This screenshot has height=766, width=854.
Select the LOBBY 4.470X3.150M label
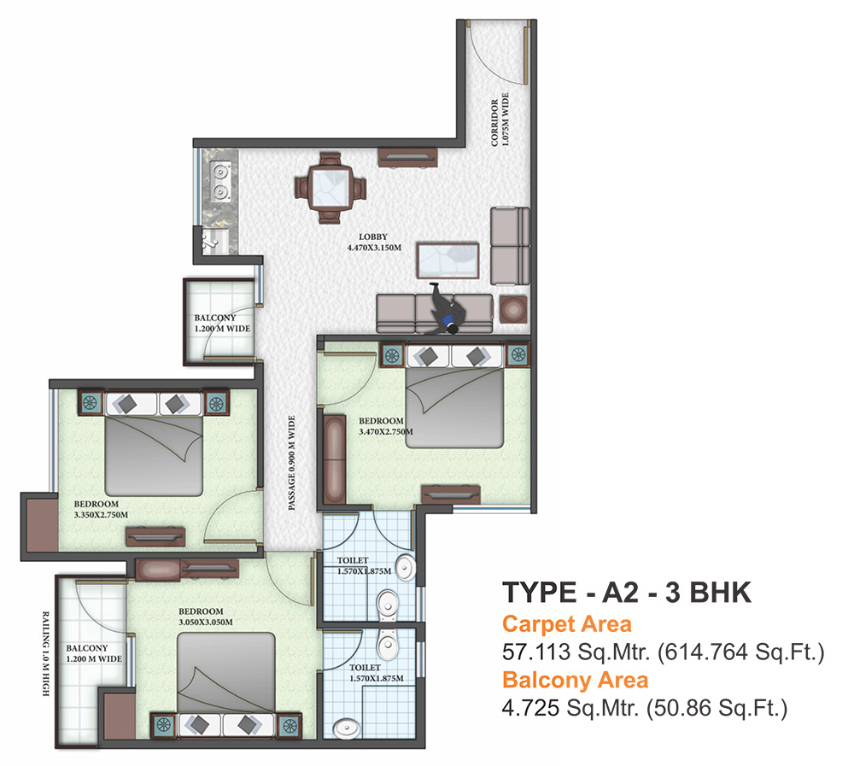click(373, 242)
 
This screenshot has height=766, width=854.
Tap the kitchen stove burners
click(219, 181)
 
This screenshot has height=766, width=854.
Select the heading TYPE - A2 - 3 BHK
click(627, 592)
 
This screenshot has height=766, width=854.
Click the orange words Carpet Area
click(566, 623)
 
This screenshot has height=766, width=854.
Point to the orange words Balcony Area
click(575, 681)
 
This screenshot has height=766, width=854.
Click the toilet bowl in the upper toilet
click(386, 603)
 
